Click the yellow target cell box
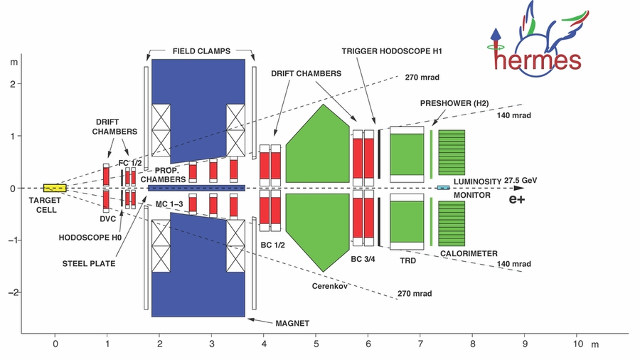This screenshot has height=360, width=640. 55,188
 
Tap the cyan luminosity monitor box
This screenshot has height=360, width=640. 443,188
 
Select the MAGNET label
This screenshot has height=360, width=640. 293,323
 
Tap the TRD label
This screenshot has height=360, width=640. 407,260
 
